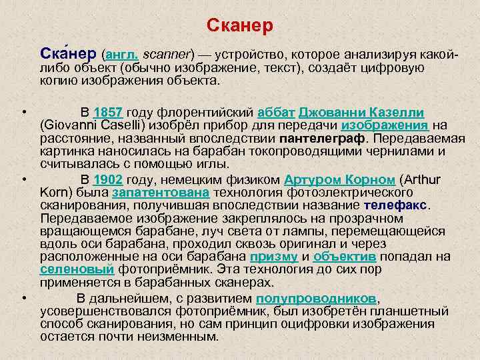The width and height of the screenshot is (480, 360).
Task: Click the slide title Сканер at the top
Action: click(x=240, y=27)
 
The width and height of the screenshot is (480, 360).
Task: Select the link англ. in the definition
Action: click(x=121, y=53)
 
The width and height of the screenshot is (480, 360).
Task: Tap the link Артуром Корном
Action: click(x=341, y=180)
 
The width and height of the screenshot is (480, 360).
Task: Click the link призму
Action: click(x=274, y=257)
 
